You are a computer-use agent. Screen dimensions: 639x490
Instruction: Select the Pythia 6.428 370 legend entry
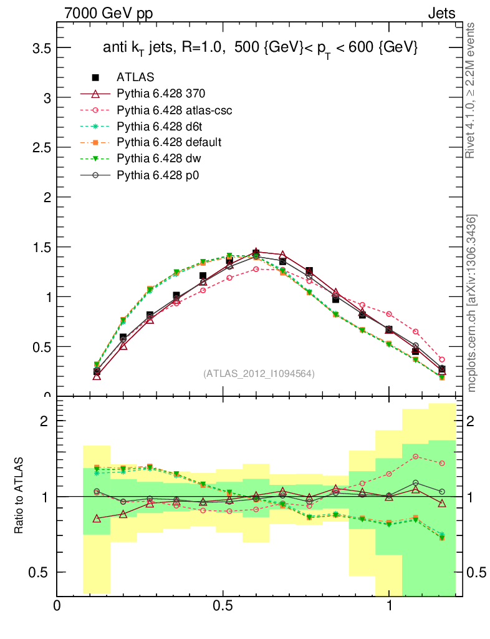161,94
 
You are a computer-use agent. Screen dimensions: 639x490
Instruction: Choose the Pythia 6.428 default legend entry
169,142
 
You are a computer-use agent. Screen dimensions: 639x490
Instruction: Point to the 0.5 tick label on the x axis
223,606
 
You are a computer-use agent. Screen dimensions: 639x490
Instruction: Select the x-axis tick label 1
389,606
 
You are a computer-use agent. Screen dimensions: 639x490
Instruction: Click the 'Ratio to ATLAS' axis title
19,496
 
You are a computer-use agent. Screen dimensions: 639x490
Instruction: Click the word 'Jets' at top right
441,13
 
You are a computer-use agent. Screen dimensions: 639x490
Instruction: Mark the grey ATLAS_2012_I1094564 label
259,374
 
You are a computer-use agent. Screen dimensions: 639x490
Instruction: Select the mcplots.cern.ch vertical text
472,303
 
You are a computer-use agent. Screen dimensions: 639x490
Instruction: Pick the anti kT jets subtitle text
260,49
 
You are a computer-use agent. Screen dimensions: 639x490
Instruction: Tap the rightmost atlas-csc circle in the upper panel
442,359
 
